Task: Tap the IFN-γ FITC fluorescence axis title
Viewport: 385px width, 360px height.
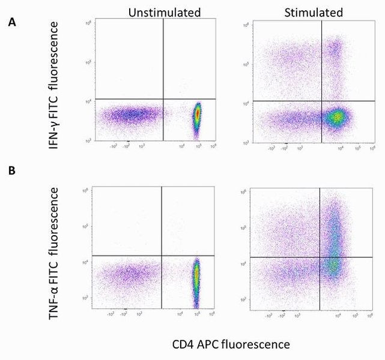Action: coord(56,85)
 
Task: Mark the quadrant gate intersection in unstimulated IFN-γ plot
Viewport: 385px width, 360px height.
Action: coord(163,99)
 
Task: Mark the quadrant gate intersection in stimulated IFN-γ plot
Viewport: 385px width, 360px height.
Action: coord(322,101)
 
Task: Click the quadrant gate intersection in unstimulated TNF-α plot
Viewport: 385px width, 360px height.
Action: coord(162,256)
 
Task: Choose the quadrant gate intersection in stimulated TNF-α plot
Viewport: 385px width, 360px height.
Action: coord(320,257)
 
